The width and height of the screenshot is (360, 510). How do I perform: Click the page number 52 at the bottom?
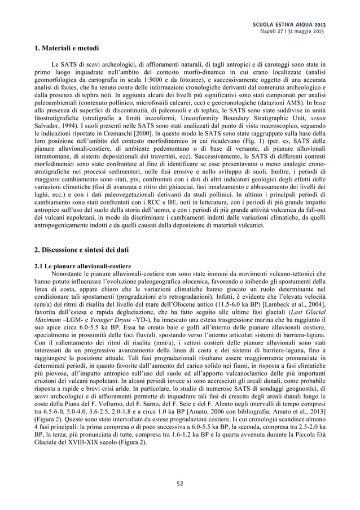[179, 483]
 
